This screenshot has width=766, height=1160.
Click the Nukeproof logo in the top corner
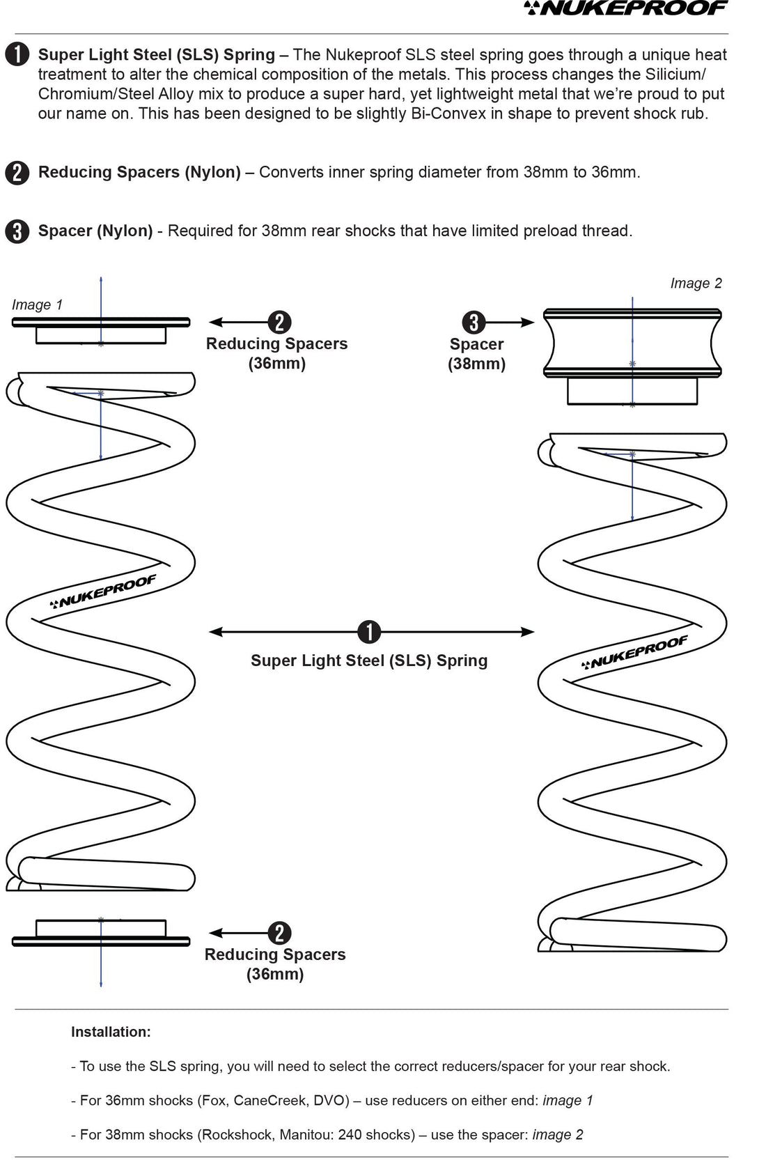tap(626, 8)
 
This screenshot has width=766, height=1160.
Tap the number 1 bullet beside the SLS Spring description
tap(17, 55)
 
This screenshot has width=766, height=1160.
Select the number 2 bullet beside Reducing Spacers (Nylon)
tap(17, 173)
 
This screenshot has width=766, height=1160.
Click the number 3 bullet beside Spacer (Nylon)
tap(17, 231)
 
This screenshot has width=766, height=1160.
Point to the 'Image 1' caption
tap(38, 304)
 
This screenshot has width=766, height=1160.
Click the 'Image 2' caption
tap(696, 284)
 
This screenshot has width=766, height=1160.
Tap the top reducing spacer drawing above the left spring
tap(101, 330)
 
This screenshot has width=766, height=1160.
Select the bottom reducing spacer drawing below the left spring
tap(101, 933)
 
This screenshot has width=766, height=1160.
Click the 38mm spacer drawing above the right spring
tap(632, 356)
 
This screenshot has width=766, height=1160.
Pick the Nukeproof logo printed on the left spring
tap(103, 591)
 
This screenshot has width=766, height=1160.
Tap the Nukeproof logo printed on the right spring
tap(634, 652)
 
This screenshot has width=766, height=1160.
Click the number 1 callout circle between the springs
tap(369, 632)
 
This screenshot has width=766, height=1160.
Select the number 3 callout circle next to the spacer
tap(474, 322)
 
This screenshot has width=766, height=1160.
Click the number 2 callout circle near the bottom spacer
tap(279, 933)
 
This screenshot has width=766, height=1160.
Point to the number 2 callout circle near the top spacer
tap(279, 322)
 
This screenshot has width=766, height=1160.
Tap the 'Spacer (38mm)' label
tap(477, 354)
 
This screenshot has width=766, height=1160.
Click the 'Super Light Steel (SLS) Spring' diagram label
tap(369, 660)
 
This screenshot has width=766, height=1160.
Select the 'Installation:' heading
tap(111, 1032)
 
